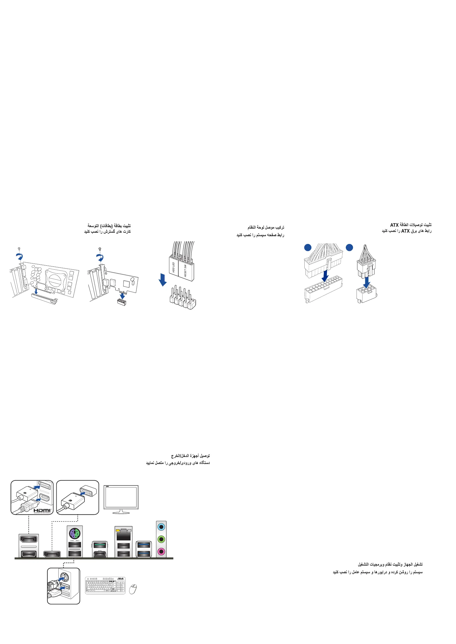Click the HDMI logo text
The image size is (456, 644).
point(43,510)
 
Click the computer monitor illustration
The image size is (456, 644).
point(121,498)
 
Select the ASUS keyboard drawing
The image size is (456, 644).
point(105,585)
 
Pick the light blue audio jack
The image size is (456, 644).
point(161,527)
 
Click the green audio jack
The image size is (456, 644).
point(161,539)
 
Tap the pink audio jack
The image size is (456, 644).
point(161,551)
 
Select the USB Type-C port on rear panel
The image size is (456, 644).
point(100,553)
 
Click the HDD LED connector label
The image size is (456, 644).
point(174,267)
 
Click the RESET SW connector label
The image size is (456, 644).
point(185,271)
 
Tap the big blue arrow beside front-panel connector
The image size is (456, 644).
point(162,280)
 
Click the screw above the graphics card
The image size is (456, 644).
point(19,249)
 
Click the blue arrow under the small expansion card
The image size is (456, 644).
point(122,296)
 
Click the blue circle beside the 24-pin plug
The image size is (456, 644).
point(308,247)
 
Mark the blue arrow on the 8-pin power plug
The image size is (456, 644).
point(366,282)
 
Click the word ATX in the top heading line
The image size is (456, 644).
point(394,225)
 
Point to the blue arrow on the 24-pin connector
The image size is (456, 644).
point(325,276)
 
